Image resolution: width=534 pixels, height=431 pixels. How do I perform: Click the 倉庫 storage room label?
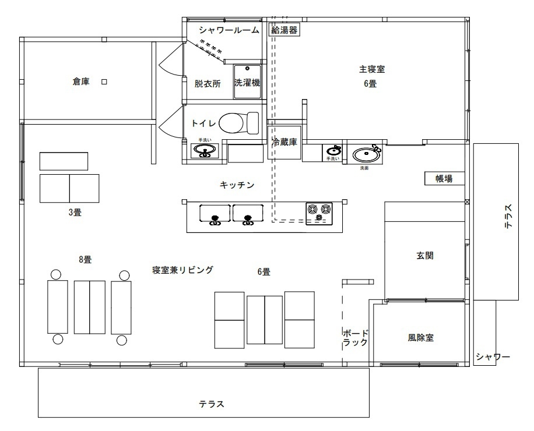[x=80, y=82]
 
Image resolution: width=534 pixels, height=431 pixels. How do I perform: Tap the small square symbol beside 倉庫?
[x=104, y=82]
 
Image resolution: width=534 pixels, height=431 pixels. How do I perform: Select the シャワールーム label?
[x=229, y=30]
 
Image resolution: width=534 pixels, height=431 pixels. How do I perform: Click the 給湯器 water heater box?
[x=284, y=30]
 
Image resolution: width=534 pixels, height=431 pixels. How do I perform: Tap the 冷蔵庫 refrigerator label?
[x=284, y=141]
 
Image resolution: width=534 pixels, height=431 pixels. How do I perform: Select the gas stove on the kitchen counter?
[x=319, y=212]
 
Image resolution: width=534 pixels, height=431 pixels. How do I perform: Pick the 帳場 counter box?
[x=445, y=178]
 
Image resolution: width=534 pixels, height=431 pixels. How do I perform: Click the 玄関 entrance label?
[x=425, y=255]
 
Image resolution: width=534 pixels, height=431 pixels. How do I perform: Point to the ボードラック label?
[x=356, y=338]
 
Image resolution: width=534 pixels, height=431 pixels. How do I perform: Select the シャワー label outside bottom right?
[x=493, y=356]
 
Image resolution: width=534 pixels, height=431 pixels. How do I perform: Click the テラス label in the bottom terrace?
[x=212, y=404]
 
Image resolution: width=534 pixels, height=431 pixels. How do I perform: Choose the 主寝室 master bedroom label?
[x=371, y=69]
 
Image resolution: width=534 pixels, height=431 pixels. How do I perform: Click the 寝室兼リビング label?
[x=182, y=270]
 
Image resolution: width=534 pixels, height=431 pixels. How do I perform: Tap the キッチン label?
[x=237, y=185]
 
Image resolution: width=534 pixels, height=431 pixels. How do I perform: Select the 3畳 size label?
[x=74, y=213]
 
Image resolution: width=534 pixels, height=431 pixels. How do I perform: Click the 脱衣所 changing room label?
[x=208, y=83]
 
